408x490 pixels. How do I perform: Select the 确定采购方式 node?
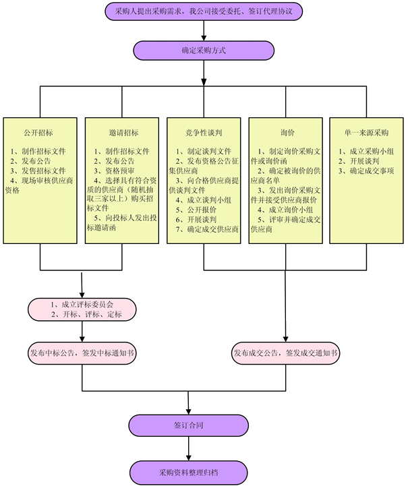tap(204, 50)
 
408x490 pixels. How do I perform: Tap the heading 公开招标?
tap(38, 133)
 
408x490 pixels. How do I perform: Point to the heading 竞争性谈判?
tap(204, 133)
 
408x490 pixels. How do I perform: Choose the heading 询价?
tap(286, 133)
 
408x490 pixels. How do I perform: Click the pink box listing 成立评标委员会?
tap(82, 309)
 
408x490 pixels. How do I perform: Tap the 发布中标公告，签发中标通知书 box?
tap(82, 353)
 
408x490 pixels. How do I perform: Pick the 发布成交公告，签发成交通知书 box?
tap(286, 353)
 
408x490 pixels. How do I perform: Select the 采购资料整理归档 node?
tap(188, 472)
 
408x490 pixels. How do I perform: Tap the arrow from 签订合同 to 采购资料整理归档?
tap(188, 449)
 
